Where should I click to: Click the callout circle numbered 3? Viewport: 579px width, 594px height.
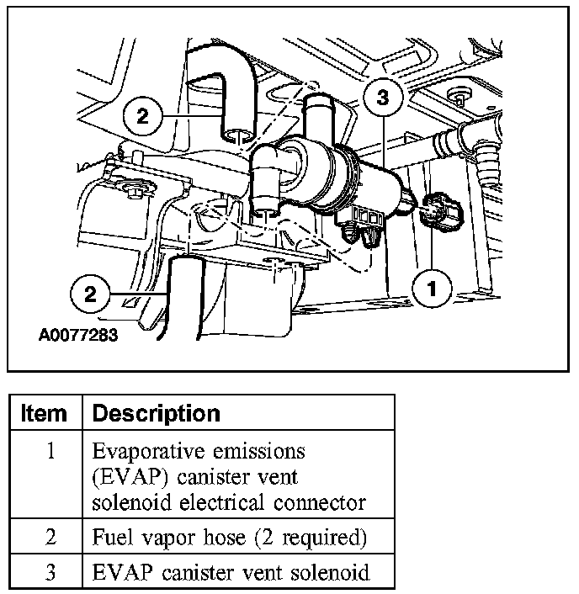(x=382, y=99)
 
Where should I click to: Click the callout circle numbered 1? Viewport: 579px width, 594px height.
(x=432, y=289)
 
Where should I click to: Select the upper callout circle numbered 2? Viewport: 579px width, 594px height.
(x=142, y=115)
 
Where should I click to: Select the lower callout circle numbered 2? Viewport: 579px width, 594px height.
(x=90, y=294)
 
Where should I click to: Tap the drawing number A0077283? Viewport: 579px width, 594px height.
(x=77, y=334)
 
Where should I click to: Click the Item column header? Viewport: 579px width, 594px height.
(x=44, y=413)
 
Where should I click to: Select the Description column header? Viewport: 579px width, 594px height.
(x=156, y=413)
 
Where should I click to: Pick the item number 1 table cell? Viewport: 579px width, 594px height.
(x=50, y=452)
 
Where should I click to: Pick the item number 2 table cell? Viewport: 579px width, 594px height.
(x=50, y=537)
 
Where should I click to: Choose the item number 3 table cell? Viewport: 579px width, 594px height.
(x=50, y=573)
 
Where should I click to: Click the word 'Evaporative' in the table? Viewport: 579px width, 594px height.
(x=141, y=452)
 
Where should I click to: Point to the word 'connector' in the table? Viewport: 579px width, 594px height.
(x=324, y=503)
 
